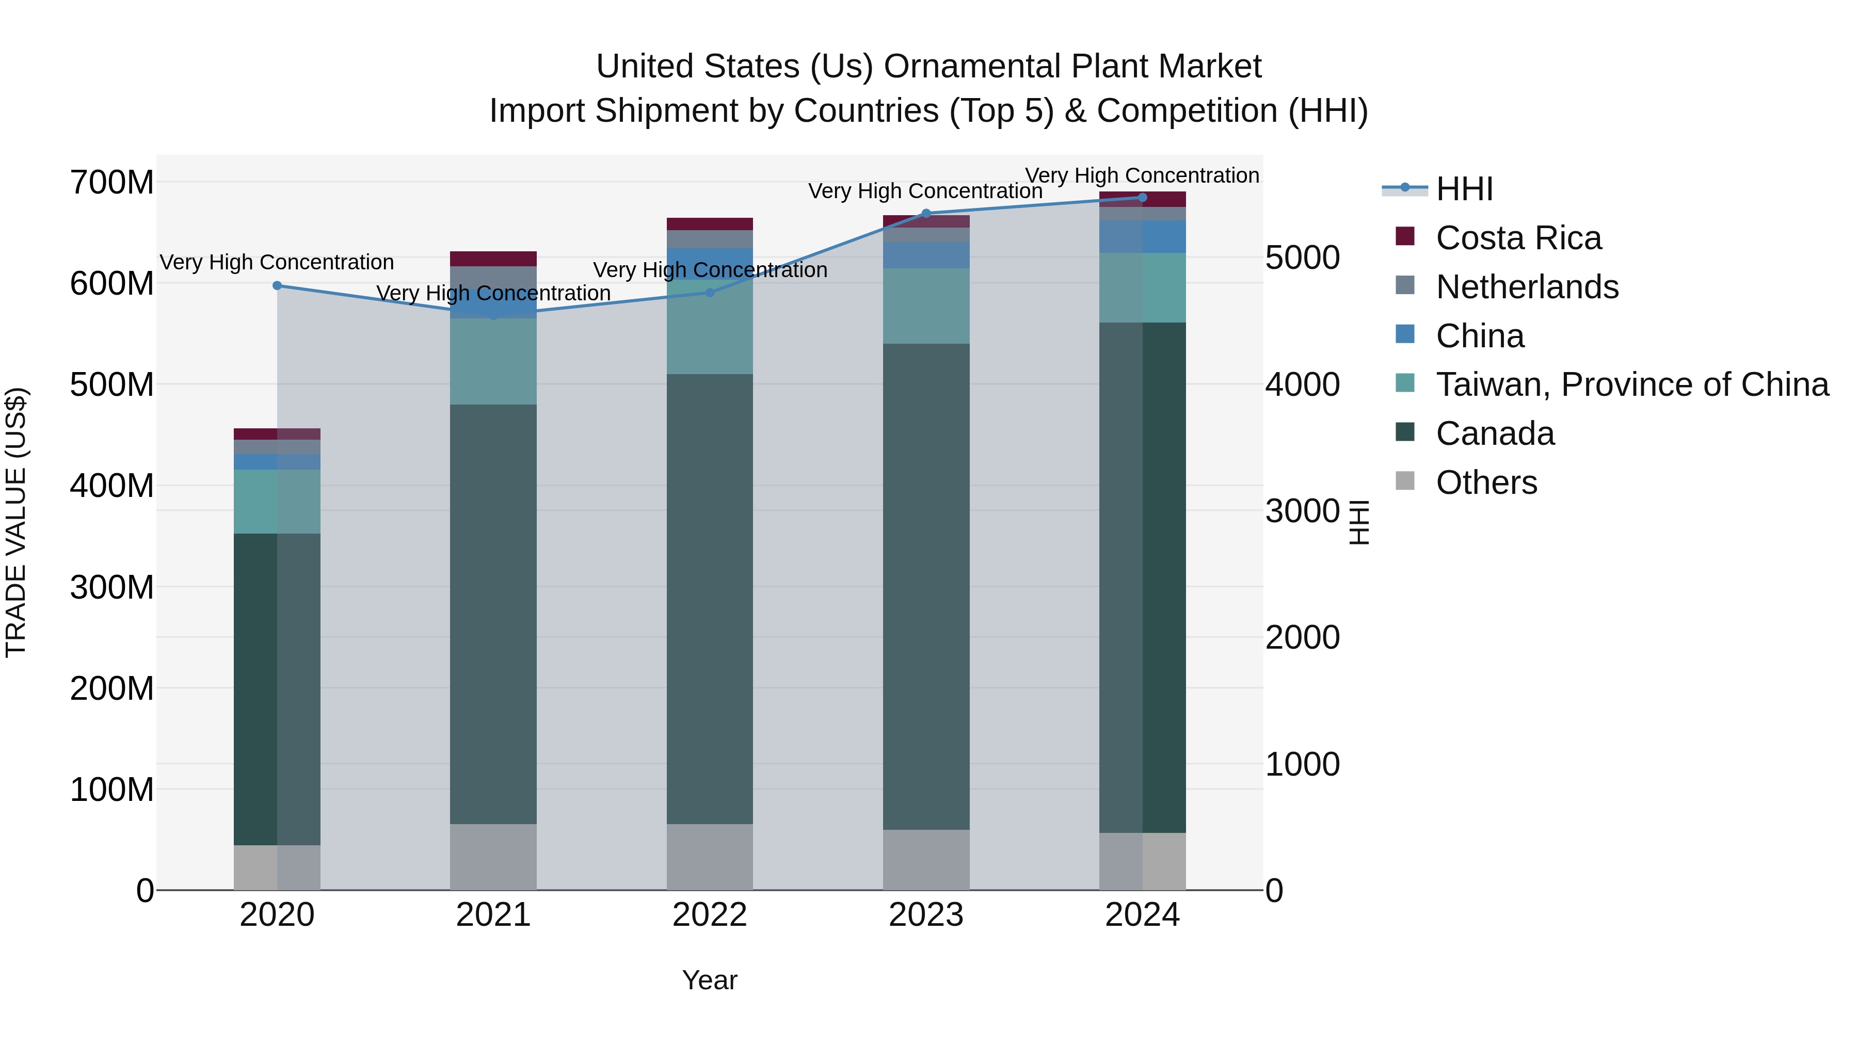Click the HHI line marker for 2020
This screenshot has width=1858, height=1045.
[x=277, y=285]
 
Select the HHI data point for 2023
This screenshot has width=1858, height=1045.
[x=926, y=214]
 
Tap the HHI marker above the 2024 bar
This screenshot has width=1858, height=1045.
[x=1143, y=198]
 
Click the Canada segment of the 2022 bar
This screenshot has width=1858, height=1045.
[x=710, y=599]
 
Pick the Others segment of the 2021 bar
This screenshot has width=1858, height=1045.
[x=493, y=857]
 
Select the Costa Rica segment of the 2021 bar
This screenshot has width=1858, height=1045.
[x=493, y=259]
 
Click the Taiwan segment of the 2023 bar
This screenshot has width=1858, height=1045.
[x=926, y=306]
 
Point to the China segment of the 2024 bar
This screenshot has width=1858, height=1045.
[x=1143, y=236]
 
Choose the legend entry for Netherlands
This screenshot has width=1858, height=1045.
[x=1527, y=287]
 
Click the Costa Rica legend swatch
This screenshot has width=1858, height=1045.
[x=1405, y=236]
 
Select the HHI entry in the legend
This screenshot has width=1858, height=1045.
[x=1464, y=189]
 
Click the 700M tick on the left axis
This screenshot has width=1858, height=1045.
[x=112, y=183]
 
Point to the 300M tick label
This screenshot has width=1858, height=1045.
[x=112, y=588]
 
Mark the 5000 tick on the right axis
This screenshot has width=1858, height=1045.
[x=1302, y=258]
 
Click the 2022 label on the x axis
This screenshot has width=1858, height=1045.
[x=710, y=915]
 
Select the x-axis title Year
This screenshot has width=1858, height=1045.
[x=710, y=980]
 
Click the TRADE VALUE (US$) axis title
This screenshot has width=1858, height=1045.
[x=16, y=522]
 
